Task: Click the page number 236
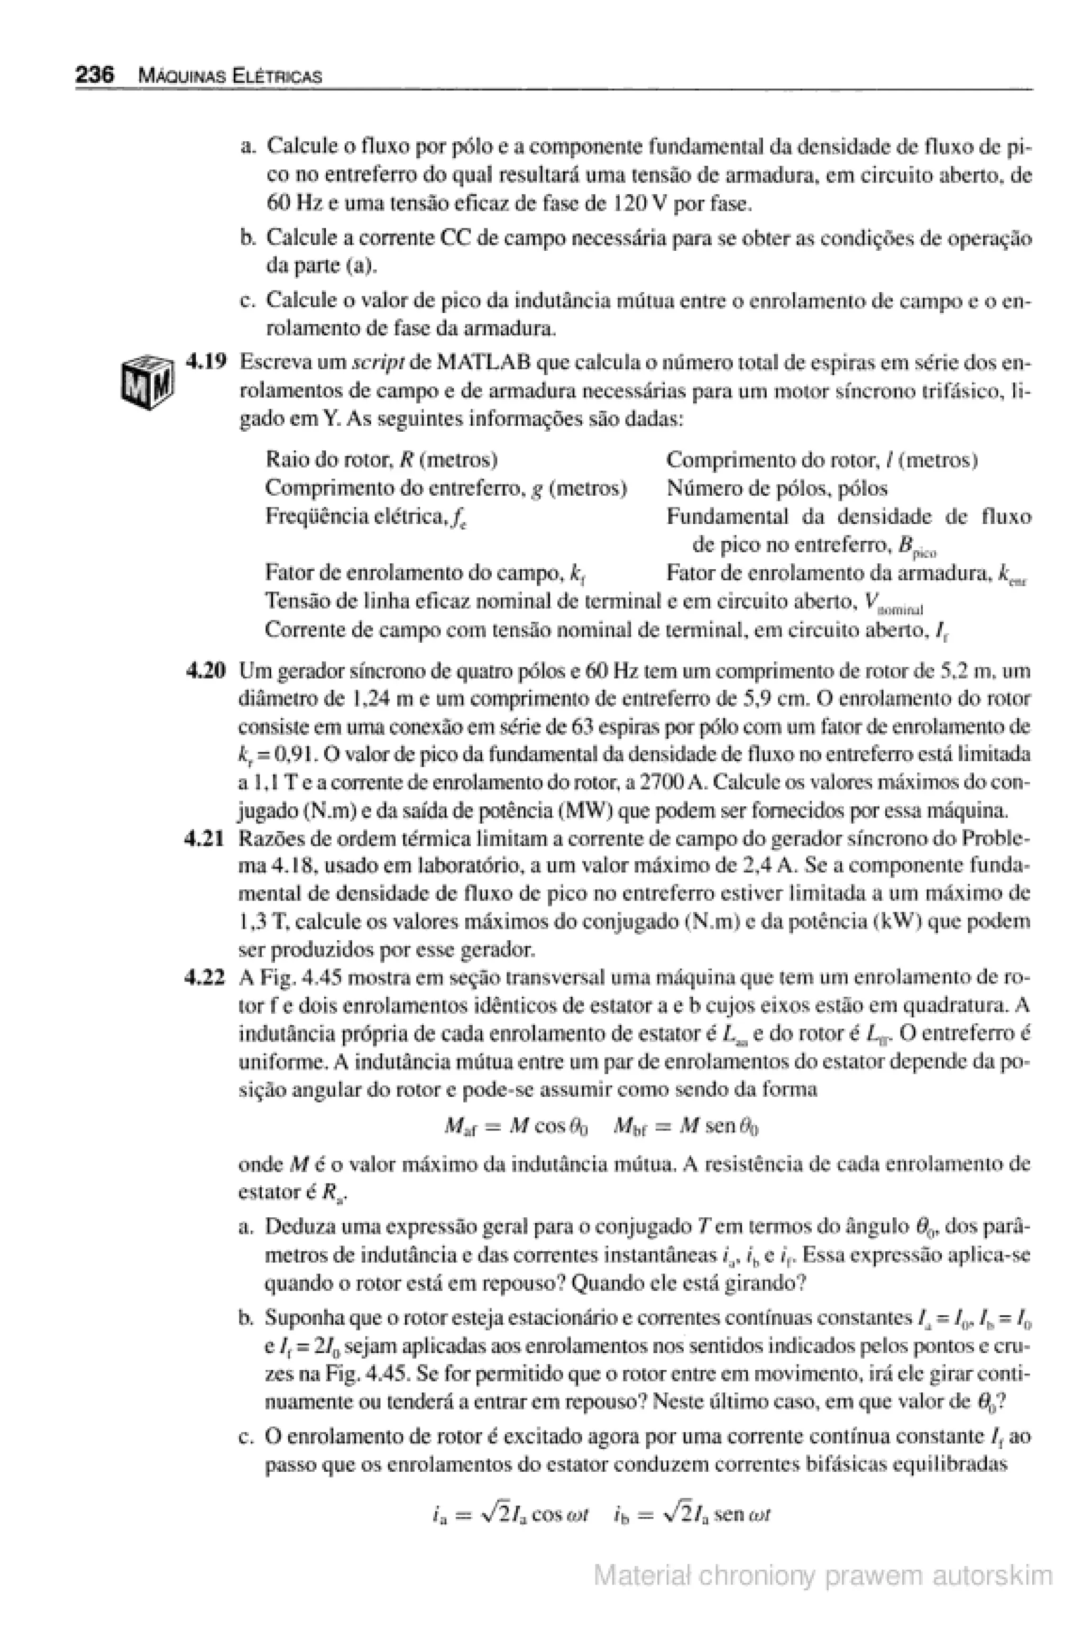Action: (95, 75)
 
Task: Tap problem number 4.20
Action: (207, 670)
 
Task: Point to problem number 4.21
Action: (205, 839)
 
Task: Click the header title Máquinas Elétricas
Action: (230, 76)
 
